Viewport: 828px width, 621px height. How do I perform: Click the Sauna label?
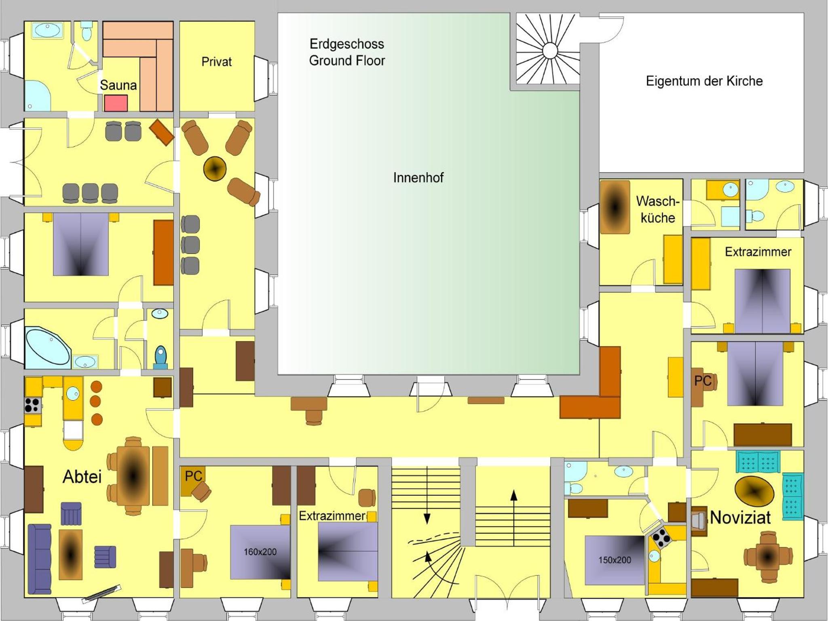click(x=118, y=85)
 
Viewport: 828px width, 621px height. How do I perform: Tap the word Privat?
click(x=217, y=62)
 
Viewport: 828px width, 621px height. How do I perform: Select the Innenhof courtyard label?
click(x=418, y=177)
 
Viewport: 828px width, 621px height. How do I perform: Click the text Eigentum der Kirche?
click(x=704, y=81)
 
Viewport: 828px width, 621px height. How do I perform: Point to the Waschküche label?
click(x=658, y=209)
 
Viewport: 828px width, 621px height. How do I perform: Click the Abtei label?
click(x=82, y=477)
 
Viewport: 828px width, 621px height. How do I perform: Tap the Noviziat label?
click(x=740, y=517)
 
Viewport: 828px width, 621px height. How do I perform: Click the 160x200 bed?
click(x=260, y=552)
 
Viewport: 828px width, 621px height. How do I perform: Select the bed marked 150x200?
click(x=615, y=560)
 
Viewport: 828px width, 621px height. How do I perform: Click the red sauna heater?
click(x=116, y=103)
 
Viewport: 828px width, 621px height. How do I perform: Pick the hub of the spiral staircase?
click(x=549, y=51)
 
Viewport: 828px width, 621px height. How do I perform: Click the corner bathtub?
click(x=48, y=347)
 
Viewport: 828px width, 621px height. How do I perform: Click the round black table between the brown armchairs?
click(x=215, y=168)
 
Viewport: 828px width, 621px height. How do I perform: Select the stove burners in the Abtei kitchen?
click(x=32, y=405)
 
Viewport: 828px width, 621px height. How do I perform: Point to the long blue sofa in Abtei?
click(x=39, y=559)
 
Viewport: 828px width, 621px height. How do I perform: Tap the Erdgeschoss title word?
click(x=347, y=44)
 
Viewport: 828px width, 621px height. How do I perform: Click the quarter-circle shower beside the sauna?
click(x=38, y=95)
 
